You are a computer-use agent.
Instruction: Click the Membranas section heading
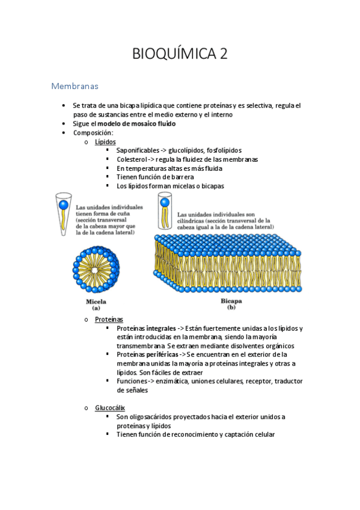pyautogui.click(x=75, y=87)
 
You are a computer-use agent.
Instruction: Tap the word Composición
pyautogui.click(x=93, y=132)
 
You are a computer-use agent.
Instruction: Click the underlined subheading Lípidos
pyautogui.click(x=105, y=141)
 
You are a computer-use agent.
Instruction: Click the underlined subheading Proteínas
pyautogui.click(x=109, y=319)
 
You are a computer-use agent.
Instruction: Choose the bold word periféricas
pyautogui.click(x=159, y=355)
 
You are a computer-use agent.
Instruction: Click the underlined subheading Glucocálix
pyautogui.click(x=110, y=408)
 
